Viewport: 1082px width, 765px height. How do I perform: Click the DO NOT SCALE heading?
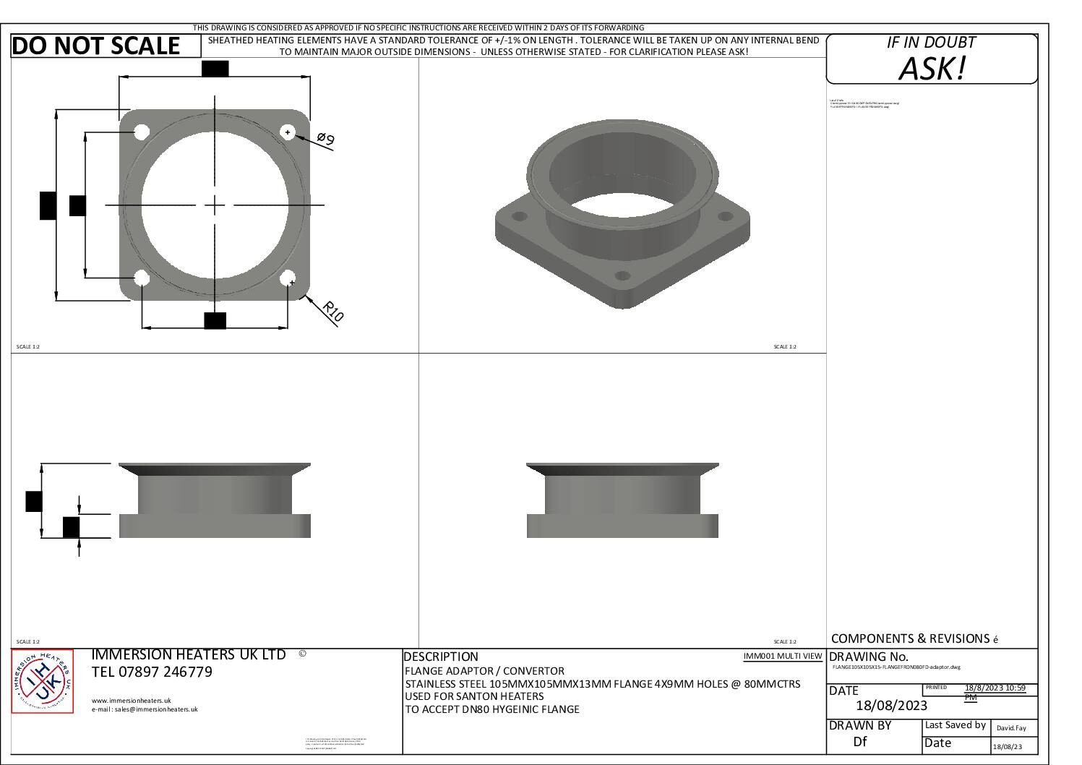click(x=96, y=46)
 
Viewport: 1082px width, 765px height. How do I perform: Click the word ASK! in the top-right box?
click(x=932, y=69)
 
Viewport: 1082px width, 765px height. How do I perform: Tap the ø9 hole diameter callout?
click(x=326, y=139)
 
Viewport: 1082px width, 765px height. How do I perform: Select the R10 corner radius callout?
click(x=332, y=311)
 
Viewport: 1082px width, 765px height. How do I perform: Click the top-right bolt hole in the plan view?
click(x=288, y=132)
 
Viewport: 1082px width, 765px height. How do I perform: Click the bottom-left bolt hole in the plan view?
click(x=142, y=278)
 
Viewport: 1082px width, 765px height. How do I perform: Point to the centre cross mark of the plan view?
click(x=215, y=205)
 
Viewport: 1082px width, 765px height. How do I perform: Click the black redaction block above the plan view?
click(x=215, y=69)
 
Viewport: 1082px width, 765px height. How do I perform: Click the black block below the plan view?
click(x=215, y=320)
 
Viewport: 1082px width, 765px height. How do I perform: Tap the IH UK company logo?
click(x=43, y=681)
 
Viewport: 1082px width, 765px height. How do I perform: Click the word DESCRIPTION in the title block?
click(x=441, y=657)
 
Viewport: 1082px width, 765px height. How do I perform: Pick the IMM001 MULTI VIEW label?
click(x=782, y=657)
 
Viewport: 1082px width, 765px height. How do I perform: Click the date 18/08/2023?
click(x=890, y=706)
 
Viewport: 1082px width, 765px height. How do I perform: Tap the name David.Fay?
click(x=1010, y=728)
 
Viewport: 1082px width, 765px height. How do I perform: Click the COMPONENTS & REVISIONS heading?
click(x=910, y=638)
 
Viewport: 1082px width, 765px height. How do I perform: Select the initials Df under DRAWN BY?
click(x=859, y=741)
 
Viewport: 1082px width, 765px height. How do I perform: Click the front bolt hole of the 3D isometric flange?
click(x=622, y=275)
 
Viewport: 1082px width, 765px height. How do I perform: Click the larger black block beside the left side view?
click(x=33, y=500)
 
